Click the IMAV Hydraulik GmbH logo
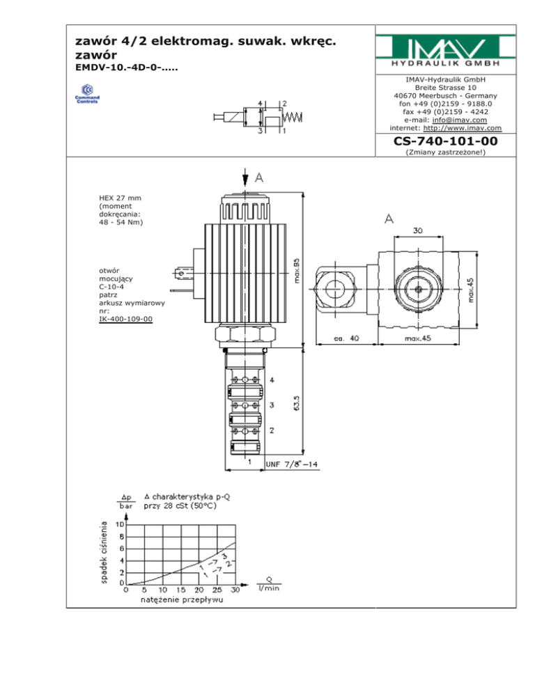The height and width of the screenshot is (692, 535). tap(445, 50)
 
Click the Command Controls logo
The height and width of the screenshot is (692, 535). tap(87, 93)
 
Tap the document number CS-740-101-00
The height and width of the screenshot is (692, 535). tap(445, 141)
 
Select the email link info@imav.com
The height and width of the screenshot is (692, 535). tap(460, 120)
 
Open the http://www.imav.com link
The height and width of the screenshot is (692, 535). tap(462, 128)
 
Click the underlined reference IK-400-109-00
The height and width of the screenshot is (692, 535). tap(125, 319)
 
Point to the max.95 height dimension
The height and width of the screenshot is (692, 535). tap(297, 271)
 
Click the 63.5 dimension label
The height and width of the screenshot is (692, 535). tap(297, 403)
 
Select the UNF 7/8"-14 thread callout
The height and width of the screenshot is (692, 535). tap(292, 464)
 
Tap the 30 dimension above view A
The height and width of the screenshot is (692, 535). tap(417, 230)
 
